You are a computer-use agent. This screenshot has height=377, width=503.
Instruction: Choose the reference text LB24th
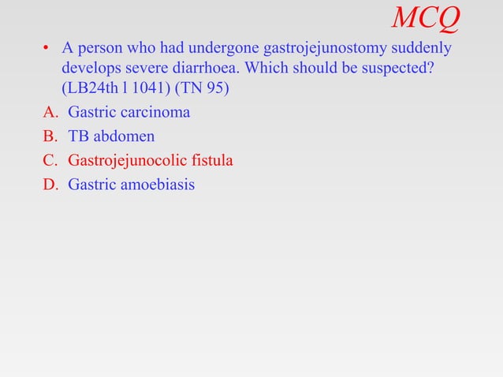point(88,88)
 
